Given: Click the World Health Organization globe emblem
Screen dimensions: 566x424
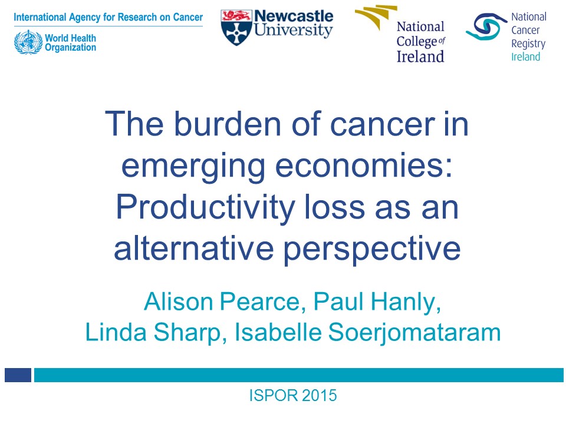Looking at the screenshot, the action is (x=28, y=42).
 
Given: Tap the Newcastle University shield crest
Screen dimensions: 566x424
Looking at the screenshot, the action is (x=236, y=28).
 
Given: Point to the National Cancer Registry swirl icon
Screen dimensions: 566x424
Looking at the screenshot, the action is (x=486, y=26).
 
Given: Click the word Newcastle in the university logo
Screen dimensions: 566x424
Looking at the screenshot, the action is (x=294, y=16).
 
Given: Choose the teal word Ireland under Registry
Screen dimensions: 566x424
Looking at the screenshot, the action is (x=525, y=57).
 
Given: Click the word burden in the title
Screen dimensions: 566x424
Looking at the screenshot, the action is (x=228, y=124).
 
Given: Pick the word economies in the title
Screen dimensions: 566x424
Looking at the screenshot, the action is (x=364, y=165).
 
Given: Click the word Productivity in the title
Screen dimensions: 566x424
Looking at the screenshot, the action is (x=205, y=208).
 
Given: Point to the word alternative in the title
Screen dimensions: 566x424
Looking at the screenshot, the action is (x=194, y=249).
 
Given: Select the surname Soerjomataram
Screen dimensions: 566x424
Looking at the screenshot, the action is (x=414, y=332).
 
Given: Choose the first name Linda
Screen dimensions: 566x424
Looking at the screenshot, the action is (x=116, y=332).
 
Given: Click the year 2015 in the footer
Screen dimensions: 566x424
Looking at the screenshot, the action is (x=320, y=395).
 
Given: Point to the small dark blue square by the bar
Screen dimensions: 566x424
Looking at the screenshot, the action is (x=18, y=375).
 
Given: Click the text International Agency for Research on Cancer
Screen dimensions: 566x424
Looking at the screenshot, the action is (x=108, y=17).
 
